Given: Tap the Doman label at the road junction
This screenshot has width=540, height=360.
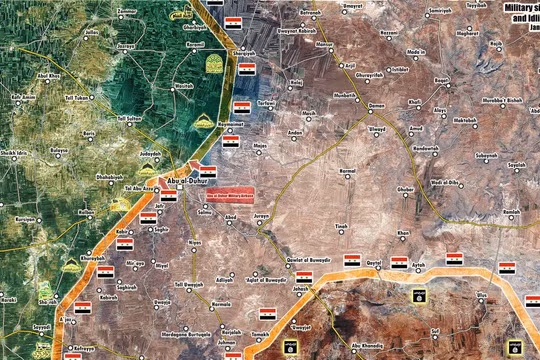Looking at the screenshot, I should coord(377,105).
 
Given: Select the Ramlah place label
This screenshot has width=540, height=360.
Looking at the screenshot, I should coord(511,213).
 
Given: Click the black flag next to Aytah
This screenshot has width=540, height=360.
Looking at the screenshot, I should coord(415,295).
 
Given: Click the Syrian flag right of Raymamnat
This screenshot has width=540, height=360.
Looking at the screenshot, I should coord(230,142).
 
